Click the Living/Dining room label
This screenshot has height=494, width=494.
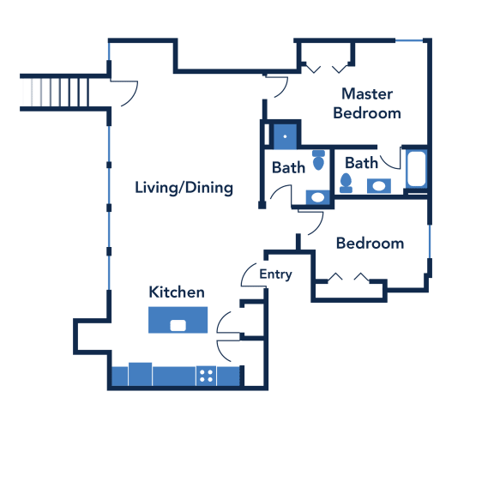[184, 188]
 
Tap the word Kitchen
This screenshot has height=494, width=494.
[177, 292]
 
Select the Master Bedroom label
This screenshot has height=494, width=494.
[367, 104]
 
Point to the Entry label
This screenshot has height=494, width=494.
[275, 274]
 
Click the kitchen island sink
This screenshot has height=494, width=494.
[178, 325]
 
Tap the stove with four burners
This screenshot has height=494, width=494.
[206, 376]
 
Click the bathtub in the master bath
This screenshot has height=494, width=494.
[417, 169]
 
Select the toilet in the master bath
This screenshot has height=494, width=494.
[346, 183]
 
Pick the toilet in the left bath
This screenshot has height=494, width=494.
[318, 160]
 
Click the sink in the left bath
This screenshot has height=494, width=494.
[317, 197]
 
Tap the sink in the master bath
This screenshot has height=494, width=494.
[379, 186]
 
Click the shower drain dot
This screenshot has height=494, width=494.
[285, 136]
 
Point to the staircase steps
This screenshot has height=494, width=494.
[54, 93]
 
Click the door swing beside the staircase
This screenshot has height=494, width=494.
[135, 96]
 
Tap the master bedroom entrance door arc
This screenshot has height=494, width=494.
[285, 90]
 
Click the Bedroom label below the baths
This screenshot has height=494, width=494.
[370, 244]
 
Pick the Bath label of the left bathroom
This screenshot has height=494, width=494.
[288, 167]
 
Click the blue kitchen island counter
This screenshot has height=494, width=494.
[178, 320]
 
